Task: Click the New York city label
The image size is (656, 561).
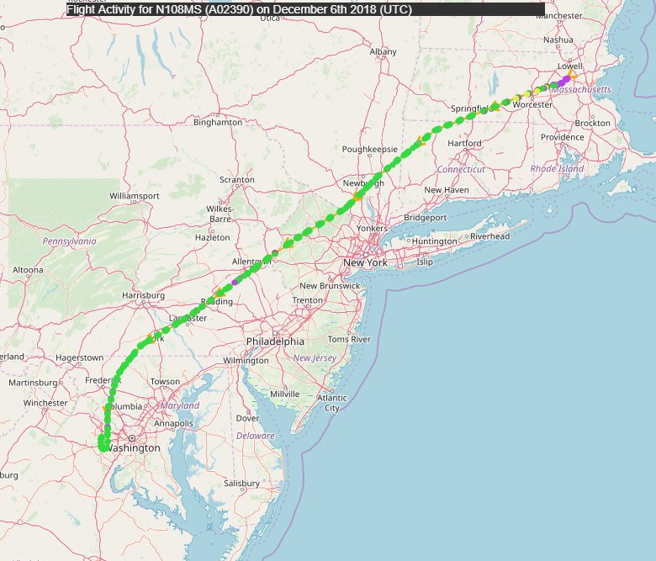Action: coord(364,263)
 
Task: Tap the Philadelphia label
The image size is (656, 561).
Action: coord(275,341)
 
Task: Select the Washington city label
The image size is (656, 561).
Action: coord(135,448)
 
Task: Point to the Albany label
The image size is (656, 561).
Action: coord(383,51)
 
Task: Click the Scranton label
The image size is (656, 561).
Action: coord(236,180)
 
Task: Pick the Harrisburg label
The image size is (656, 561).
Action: coord(143,295)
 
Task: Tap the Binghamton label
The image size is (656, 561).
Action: coord(218,122)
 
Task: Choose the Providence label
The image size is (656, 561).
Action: coord(562,137)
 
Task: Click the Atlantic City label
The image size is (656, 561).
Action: coord(332,403)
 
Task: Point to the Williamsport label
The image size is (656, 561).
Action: coord(135,196)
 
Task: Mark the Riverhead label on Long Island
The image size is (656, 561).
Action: coord(489,236)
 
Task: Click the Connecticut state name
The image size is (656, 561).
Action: coord(461,169)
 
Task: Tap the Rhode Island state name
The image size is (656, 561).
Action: coord(557,168)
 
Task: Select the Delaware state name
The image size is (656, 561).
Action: coord(255,436)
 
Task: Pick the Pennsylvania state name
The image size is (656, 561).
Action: coord(70,241)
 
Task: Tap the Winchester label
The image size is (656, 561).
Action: coord(45,403)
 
